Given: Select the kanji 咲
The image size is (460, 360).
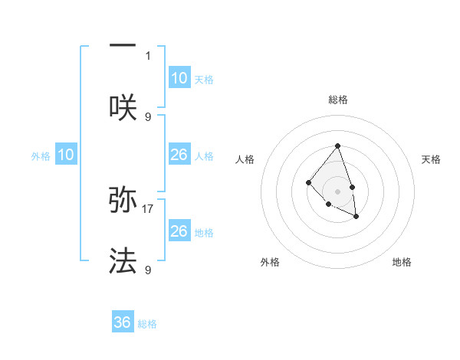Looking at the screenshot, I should click(123, 108).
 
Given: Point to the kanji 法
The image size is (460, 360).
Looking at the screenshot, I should click(123, 261).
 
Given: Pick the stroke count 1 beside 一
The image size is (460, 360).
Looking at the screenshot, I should click(148, 56).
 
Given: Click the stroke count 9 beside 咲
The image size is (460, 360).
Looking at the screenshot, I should click(148, 116).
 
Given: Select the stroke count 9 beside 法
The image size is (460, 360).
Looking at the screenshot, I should click(148, 270).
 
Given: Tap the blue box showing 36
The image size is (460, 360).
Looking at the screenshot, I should click(123, 322).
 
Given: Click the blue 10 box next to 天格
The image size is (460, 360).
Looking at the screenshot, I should click(179, 78).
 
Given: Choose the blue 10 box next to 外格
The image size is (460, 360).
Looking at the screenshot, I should click(66, 155).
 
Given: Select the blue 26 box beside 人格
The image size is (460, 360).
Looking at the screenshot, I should click(179, 155).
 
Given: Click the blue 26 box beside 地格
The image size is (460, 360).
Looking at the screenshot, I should click(179, 231).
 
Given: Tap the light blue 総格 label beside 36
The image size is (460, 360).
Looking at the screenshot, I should click(147, 324).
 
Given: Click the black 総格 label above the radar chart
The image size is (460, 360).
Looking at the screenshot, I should click(338, 100).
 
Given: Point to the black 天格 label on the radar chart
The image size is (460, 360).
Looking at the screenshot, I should click(431, 159).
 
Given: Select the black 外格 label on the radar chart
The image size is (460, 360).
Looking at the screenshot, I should click(269, 262).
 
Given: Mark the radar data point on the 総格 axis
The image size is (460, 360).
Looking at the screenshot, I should click(337, 146).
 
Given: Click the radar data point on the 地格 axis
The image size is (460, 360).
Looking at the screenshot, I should click(356, 218).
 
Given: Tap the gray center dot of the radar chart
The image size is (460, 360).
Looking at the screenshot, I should click(337, 191).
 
